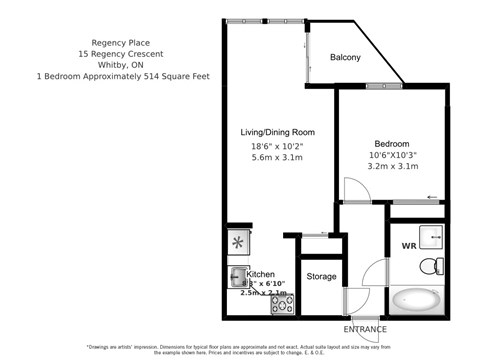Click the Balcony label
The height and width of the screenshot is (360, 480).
tap(346, 58)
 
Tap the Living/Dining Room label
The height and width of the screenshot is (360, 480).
tap(277, 132)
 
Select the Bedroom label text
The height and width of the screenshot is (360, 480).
tap(393, 142)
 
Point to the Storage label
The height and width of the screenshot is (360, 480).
tap(321, 276)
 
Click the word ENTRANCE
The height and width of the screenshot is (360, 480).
tap(366, 328)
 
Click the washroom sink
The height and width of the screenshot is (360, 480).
tap(432, 237)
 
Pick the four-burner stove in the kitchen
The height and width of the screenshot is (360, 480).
tap(281, 302)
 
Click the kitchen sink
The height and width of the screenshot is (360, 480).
tap(237, 273)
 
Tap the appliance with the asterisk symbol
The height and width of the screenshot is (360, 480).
tap(238, 242)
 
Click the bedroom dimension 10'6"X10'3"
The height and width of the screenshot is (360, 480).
tap(393, 155)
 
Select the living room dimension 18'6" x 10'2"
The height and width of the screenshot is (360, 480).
tap(277, 147)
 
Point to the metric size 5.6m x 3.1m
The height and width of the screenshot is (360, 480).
tap(277, 158)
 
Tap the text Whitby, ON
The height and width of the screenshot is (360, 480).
tap(120, 64)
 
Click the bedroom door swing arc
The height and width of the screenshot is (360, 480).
tap(350, 188)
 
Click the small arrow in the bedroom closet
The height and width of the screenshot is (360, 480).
tap(430, 198)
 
